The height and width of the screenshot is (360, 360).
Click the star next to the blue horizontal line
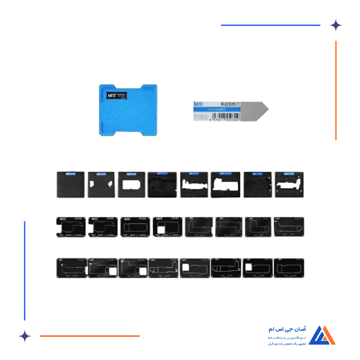pos(336,25)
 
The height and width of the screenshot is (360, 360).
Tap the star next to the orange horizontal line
pos(24,336)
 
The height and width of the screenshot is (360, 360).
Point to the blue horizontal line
pos(271,25)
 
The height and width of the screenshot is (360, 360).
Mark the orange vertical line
pos(336,90)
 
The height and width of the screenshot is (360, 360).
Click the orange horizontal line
pos(89,336)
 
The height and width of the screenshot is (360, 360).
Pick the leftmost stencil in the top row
pos(70,185)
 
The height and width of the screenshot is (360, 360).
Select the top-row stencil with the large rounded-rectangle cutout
pos(133,185)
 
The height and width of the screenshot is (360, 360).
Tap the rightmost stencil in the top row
pos(289,185)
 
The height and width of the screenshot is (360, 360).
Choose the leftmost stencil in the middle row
pos(70,227)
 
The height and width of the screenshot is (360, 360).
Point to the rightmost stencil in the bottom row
pos(289,268)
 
